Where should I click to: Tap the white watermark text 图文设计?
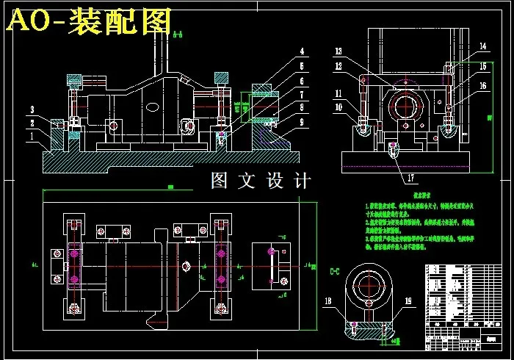[261, 181]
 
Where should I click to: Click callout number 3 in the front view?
[32, 109]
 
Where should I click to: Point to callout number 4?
[301, 52]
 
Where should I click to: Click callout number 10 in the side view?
[339, 107]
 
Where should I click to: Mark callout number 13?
[339, 51]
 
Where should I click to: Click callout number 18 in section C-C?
[328, 301]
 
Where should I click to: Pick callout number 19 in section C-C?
[409, 301]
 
